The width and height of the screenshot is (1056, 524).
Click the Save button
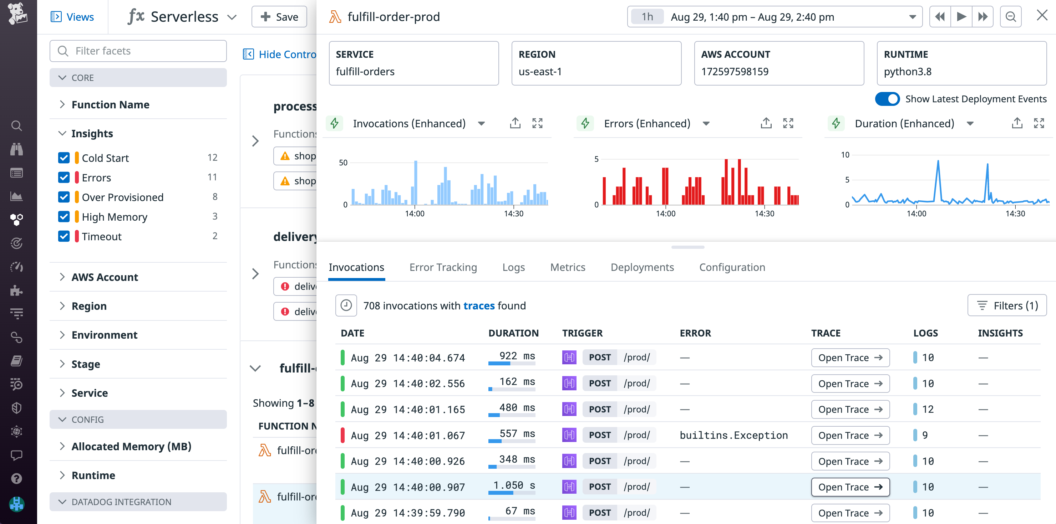[279, 17]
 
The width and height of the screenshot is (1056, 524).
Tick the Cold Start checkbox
[64, 158]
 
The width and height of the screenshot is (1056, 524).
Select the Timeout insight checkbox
[64, 236]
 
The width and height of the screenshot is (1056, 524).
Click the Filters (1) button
[1007, 305]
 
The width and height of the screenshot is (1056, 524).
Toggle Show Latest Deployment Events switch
[887, 99]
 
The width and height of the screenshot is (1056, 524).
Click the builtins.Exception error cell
[733, 435]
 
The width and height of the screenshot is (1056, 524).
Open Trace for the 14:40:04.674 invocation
[850, 358]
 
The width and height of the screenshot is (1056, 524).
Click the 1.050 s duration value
[514, 486]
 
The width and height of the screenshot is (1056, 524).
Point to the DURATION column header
[513, 333]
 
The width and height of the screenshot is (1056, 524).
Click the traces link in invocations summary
[479, 305]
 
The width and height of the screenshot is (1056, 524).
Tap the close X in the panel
[1042, 16]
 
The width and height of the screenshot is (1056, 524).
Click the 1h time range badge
[647, 17]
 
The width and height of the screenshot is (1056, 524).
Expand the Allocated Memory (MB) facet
[131, 446]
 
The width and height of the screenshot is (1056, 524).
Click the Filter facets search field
[138, 51]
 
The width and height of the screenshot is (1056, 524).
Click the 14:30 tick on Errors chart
[764, 214]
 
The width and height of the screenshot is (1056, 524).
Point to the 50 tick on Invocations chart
[343, 163]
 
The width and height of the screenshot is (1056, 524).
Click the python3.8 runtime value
[907, 72]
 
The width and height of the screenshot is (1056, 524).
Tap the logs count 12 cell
[927, 409]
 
